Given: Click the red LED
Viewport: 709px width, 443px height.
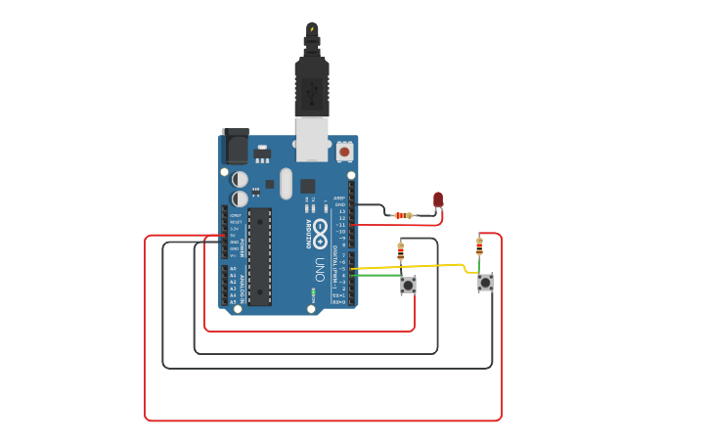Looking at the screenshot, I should [x=438, y=199].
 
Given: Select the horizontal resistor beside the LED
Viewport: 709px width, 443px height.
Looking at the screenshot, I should [x=402, y=215].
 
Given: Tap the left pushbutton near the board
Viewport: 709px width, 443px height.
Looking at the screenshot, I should [x=408, y=285].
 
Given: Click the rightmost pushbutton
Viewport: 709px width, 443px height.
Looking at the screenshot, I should [x=485, y=283].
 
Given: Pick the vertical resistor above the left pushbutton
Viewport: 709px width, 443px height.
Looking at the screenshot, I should [x=400, y=251].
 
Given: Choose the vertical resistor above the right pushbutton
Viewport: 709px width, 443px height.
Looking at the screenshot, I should [x=479, y=245].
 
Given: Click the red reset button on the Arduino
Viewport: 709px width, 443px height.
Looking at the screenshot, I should [x=344, y=152].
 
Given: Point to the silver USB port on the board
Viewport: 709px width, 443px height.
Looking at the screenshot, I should [x=312, y=139].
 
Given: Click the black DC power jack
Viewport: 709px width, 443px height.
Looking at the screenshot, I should [x=236, y=146].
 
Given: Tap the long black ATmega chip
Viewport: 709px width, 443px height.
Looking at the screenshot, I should [x=259, y=256].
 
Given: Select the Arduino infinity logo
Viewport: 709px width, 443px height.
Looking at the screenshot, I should [x=320, y=232].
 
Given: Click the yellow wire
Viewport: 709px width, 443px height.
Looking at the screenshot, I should [x=411, y=266].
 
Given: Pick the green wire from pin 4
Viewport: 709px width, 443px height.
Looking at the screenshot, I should [x=377, y=276].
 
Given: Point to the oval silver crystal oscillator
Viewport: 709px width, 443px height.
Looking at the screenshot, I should [x=286, y=183].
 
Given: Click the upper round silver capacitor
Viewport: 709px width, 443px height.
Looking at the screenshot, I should [x=240, y=179].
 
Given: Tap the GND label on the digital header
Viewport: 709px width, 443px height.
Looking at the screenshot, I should [x=340, y=204].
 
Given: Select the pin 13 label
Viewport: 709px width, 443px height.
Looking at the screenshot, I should [x=341, y=211].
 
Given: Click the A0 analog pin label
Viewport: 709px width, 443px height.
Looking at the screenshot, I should [x=232, y=269].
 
